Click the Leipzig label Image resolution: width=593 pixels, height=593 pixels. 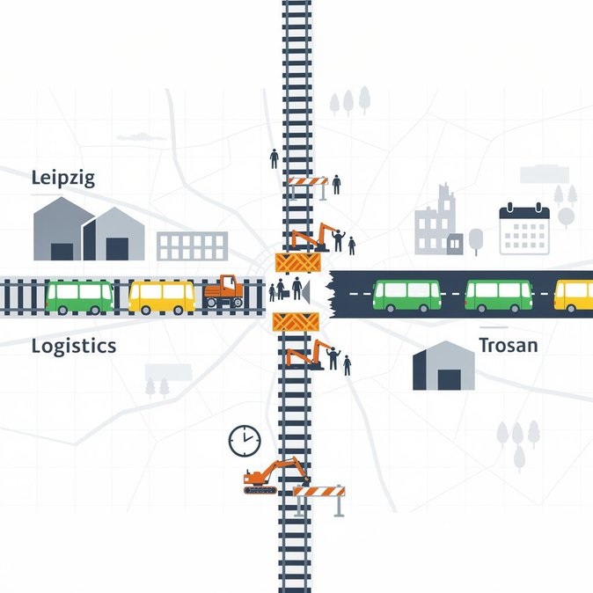tap(62, 178)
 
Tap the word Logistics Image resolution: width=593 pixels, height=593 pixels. tap(74, 346)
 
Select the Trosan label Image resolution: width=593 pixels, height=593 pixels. tap(509, 345)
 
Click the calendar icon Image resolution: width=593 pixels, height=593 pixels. tap(524, 229)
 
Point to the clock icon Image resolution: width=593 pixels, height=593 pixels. tap(245, 441)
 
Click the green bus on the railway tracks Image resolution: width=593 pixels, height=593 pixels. tap(79, 297)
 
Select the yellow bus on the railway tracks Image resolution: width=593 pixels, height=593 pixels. tap(162, 297)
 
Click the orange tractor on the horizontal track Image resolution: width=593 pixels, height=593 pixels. tap(224, 291)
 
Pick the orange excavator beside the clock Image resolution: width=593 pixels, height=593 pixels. tap(276, 476)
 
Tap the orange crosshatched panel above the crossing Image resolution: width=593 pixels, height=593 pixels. tap(297, 263)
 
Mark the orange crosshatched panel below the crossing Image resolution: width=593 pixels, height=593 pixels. tap(296, 322)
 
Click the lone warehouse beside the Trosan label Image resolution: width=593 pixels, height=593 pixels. tap(443, 366)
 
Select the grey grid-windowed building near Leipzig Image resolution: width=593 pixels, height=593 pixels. tap(192, 246)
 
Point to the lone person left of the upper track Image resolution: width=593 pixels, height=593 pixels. tap(275, 159)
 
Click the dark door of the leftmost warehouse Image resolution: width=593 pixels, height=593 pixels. tap(62, 252)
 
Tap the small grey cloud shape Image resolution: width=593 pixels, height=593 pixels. tap(141, 137)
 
